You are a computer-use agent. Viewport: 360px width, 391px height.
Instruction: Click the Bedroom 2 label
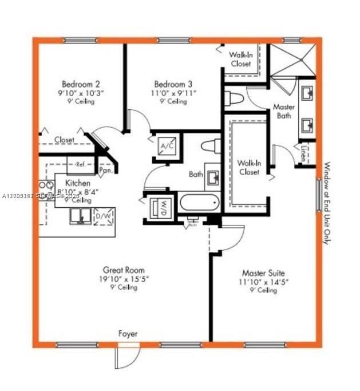coord(78,84)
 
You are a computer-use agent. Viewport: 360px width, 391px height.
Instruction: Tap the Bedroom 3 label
coord(169,84)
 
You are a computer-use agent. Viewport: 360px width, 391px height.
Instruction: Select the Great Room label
coord(124,270)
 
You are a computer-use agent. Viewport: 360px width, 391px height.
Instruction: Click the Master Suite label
coord(263,273)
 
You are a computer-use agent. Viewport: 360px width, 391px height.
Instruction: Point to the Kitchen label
coord(74,183)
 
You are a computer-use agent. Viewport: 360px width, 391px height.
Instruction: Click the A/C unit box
coord(167,146)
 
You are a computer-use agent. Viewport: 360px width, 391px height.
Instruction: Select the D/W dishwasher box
coord(103,216)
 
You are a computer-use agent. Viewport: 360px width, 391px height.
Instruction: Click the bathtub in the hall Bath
coord(199,203)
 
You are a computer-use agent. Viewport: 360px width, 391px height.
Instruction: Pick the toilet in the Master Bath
coord(234,98)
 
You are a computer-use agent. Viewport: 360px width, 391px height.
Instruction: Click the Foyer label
coord(128,333)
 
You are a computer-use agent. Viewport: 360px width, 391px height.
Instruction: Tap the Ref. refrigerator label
coord(80,165)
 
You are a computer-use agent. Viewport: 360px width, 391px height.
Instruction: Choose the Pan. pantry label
coord(105,169)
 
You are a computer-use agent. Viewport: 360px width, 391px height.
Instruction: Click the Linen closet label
coord(303,154)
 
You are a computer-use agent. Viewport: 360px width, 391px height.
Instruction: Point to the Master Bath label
coord(283,111)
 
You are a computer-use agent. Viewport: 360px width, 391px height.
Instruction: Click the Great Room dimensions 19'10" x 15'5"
coord(124,279)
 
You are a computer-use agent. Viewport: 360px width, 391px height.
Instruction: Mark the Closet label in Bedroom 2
coord(64,140)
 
